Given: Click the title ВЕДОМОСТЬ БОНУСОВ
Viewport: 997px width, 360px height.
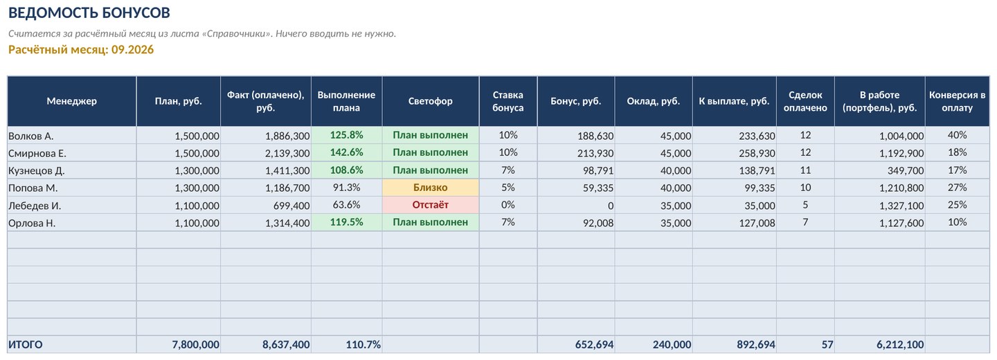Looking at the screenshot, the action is point(89,13).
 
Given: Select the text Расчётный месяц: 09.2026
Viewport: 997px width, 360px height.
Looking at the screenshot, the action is point(81,49).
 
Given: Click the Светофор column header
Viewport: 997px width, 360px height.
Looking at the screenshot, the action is point(431,101).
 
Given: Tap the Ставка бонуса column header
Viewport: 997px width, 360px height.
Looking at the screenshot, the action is point(508,101).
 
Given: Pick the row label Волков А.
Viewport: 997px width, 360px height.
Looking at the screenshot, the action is point(30,136).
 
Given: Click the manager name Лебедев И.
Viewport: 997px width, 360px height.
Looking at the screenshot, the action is point(35,206).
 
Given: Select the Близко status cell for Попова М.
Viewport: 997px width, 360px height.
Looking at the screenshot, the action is point(431,188).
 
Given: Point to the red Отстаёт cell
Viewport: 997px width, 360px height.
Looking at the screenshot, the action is point(431,205).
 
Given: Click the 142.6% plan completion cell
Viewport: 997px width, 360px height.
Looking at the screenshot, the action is point(346,152).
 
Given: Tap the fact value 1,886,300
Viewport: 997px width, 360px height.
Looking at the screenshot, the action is point(287,136).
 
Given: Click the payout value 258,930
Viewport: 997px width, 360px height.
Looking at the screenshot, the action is point(757,153).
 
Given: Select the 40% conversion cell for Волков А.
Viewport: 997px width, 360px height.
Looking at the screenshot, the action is point(957,135).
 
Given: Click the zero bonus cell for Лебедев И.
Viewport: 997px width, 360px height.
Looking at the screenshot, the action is point(610,206).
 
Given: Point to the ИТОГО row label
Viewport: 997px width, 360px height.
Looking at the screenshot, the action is point(26,345).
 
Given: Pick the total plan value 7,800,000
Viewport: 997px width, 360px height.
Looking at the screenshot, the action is point(195,345).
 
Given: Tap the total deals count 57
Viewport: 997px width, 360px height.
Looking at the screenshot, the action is point(827,345).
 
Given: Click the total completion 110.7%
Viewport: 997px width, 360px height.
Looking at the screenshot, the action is point(363,345).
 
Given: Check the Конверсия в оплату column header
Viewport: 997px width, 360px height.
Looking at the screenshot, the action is point(957,101).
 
